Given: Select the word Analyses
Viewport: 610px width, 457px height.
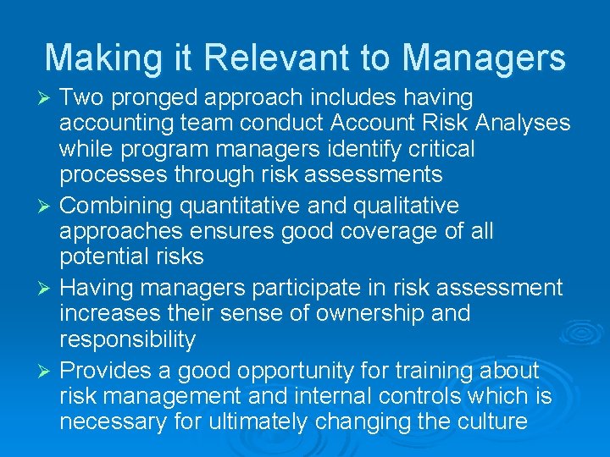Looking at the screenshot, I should pyautogui.click(x=523, y=124).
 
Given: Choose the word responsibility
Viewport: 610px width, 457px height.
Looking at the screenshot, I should pyautogui.click(x=127, y=340).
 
